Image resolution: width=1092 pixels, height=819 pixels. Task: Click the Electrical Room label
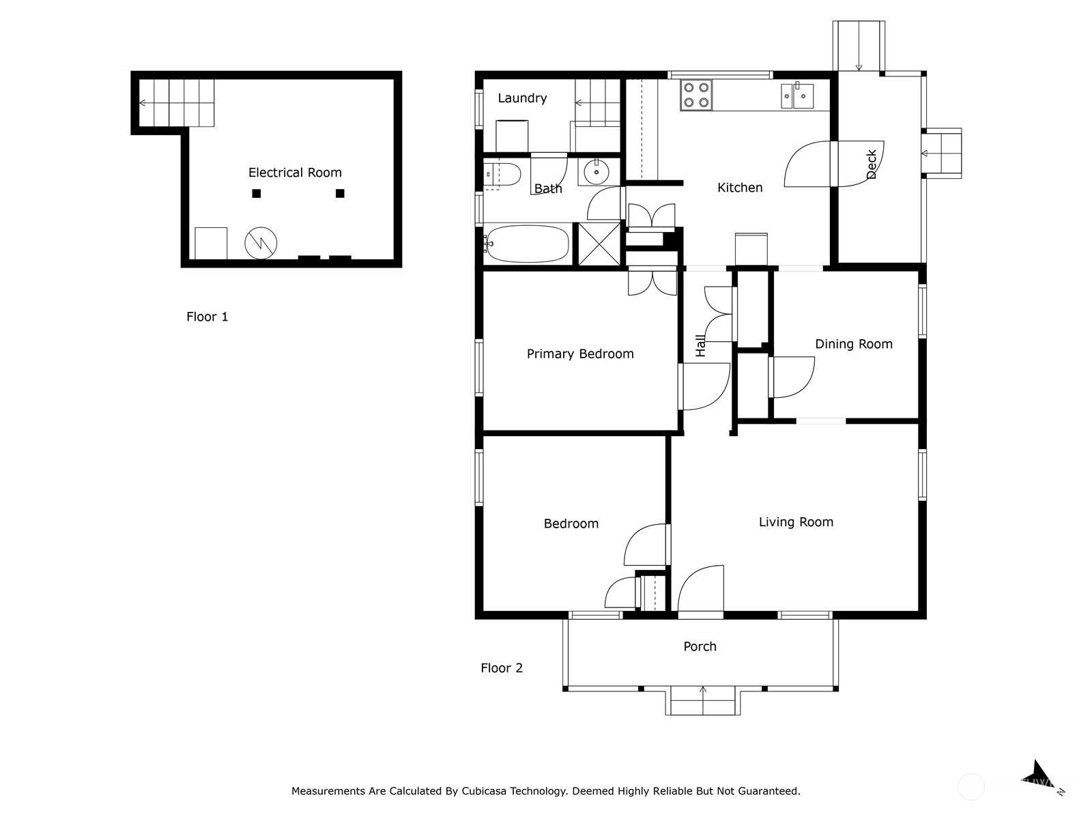pos(295,173)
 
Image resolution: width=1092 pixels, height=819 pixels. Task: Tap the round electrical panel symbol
pos(261,243)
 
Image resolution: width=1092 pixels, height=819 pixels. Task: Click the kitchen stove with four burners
pos(696,95)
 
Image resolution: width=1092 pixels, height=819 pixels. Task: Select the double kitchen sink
pos(797,96)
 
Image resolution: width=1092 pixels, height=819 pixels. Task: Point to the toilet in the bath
pos(502,175)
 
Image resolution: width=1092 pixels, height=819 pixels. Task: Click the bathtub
pos(527,244)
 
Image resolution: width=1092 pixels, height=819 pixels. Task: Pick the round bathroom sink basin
pos(596,172)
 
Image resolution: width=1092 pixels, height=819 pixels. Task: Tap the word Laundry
pos(522,98)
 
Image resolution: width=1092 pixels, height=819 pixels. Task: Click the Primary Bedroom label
pos(580,354)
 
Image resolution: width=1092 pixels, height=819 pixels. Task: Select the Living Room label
pos(796,521)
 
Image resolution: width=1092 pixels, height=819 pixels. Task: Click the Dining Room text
pos(854,343)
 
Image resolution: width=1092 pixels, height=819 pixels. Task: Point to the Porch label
pos(700,646)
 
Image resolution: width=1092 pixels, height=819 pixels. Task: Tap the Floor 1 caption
pos(207,316)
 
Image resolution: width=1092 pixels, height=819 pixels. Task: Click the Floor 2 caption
pos(502,667)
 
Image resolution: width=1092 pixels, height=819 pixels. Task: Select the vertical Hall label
pos(700,345)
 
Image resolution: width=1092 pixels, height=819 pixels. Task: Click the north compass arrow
pos(1039,777)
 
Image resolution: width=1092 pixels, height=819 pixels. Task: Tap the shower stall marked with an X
pos(599,244)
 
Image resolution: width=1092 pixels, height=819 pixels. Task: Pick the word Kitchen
pos(740,188)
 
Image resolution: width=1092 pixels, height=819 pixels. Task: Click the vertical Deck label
pos(871,164)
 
